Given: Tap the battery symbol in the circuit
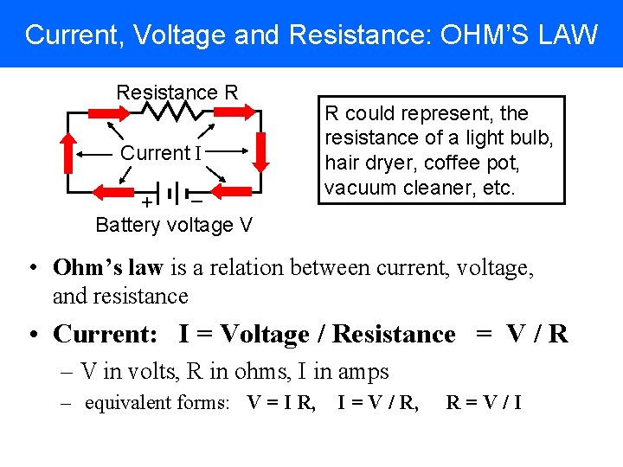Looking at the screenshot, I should (x=174, y=192).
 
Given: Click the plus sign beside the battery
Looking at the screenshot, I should (x=147, y=202).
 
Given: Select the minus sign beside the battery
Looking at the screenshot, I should (x=197, y=202).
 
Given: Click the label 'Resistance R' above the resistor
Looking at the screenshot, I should (x=177, y=92).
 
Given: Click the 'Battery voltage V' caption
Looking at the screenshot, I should (x=174, y=225).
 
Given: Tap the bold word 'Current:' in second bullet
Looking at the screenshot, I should (x=109, y=334).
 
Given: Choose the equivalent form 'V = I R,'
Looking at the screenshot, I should (x=281, y=402).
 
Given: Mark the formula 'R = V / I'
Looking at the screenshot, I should (x=485, y=402).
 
